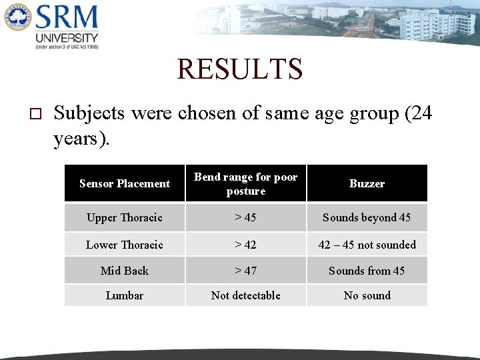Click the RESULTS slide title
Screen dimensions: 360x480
[240, 69]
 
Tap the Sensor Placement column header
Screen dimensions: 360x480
[125, 183]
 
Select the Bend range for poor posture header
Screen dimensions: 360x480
[245, 184]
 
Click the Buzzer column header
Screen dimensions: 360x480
[367, 183]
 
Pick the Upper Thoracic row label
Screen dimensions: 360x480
[125, 217]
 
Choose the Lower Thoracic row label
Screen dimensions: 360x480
[125, 245]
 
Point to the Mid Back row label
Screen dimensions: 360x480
[125, 271]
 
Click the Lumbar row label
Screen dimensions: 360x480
[125, 295]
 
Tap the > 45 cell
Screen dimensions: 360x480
[245, 217]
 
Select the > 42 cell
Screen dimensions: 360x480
[245, 245]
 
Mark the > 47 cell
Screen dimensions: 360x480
[245, 271]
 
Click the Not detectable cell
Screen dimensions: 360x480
[245, 295]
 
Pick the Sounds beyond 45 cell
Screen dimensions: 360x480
[367, 217]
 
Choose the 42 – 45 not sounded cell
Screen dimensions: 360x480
[367, 245]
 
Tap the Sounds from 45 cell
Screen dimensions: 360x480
[367, 271]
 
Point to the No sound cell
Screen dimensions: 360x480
[367, 295]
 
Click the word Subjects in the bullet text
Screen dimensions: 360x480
[89, 113]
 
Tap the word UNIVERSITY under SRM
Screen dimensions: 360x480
[67, 38]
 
